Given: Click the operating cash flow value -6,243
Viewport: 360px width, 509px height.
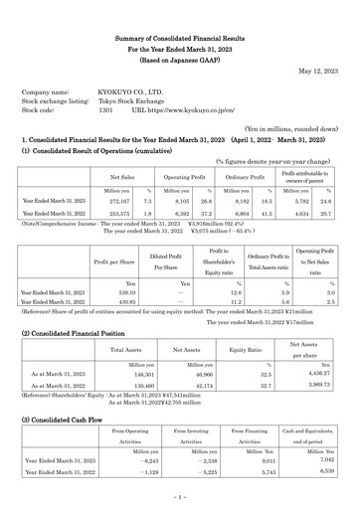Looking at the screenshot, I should pyautogui.click(x=121, y=461).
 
